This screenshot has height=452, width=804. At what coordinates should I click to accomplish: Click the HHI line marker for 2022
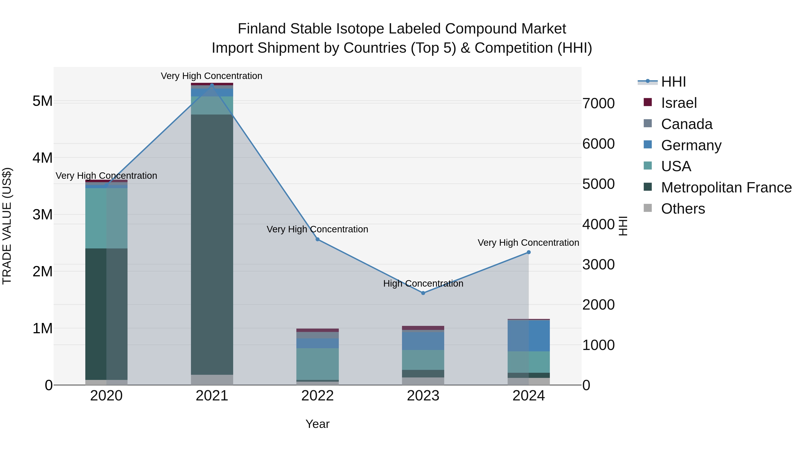pos(317,239)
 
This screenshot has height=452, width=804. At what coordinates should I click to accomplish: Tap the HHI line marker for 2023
pos(423,293)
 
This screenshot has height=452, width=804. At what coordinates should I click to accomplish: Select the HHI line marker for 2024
pos(528,252)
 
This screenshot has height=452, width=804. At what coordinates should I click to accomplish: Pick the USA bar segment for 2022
pos(317,364)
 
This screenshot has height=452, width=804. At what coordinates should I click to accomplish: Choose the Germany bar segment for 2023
pos(423,341)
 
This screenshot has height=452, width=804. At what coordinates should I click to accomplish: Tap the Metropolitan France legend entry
pos(726,187)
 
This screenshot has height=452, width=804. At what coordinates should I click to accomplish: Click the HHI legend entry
pos(673,82)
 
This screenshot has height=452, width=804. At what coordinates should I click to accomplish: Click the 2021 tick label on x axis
pos(212,396)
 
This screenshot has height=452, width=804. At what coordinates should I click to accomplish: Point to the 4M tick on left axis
pos(42,158)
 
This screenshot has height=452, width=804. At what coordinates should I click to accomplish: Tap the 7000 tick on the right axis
pos(598,104)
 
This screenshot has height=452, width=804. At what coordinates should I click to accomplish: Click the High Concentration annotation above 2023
pos(423,283)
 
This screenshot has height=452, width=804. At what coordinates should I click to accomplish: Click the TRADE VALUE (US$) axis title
pos(7,226)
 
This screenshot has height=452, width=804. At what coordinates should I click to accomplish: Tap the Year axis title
pos(317,424)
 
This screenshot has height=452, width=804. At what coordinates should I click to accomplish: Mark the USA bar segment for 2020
pos(106,218)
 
